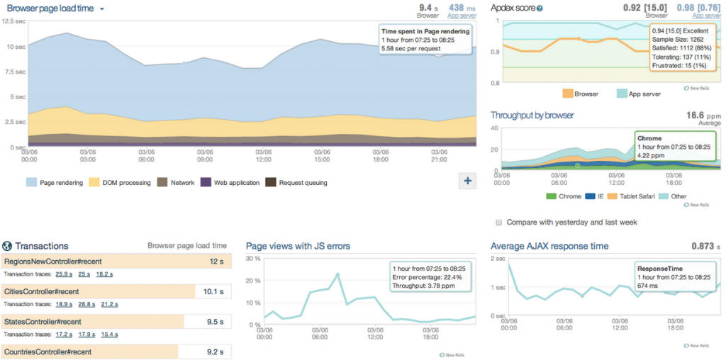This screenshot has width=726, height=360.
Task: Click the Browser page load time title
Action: pyautogui.click(x=50, y=9)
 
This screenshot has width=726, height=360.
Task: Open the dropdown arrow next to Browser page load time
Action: pyautogui.click(x=102, y=9)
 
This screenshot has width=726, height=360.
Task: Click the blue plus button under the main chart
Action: pyautogui.click(x=467, y=181)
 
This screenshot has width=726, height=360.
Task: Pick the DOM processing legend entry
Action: pyautogui.click(x=121, y=183)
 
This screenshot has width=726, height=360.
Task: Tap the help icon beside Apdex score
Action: pyautogui.click(x=540, y=9)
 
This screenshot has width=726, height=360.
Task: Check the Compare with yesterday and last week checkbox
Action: pyautogui.click(x=500, y=223)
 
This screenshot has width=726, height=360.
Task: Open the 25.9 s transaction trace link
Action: pyautogui.click(x=64, y=274)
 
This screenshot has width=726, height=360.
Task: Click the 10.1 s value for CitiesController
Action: pyautogui.click(x=213, y=291)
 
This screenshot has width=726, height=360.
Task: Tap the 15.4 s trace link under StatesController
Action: pyautogui.click(x=109, y=334)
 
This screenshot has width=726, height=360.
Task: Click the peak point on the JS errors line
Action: pyautogui.click(x=337, y=274)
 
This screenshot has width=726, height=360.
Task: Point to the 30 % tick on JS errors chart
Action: pyautogui.click(x=252, y=259)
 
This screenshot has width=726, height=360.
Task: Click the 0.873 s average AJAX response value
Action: pyautogui.click(x=706, y=246)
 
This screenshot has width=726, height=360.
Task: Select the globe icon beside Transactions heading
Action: pyautogui.click(x=7, y=246)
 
